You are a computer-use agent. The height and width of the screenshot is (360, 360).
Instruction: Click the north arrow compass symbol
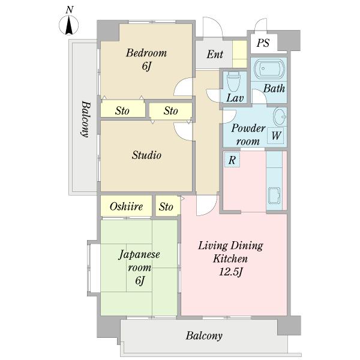[x=69, y=25]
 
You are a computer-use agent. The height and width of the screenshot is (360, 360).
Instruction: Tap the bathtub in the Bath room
[x=269, y=68]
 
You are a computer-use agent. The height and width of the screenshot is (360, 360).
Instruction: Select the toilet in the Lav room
[x=233, y=82]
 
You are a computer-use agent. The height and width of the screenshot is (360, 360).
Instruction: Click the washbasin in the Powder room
[x=280, y=116]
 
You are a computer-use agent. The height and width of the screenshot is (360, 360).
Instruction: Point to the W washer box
[x=275, y=136]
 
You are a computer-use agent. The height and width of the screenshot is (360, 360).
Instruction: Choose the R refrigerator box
[x=232, y=160]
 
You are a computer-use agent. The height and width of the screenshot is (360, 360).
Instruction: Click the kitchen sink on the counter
[x=274, y=196]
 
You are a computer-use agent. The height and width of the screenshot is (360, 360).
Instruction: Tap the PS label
[x=263, y=43]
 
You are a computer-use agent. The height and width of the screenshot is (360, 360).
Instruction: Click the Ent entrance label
[x=215, y=55]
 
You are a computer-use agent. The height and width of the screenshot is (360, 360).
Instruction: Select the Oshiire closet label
[x=126, y=206]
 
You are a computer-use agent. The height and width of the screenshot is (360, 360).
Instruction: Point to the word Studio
[x=146, y=155]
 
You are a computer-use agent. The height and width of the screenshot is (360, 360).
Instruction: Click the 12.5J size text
[x=231, y=272]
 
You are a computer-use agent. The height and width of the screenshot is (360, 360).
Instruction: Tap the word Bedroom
[x=146, y=53]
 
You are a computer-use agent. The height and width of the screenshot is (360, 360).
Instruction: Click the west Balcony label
[x=85, y=119]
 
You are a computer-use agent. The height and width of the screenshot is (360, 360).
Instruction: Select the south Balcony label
[x=204, y=335]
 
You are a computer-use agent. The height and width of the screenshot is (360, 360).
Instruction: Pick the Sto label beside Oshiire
[x=166, y=206]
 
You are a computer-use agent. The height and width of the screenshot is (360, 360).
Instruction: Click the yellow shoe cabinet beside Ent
[x=239, y=54]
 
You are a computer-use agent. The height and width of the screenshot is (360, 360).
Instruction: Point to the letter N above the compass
[x=70, y=10]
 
